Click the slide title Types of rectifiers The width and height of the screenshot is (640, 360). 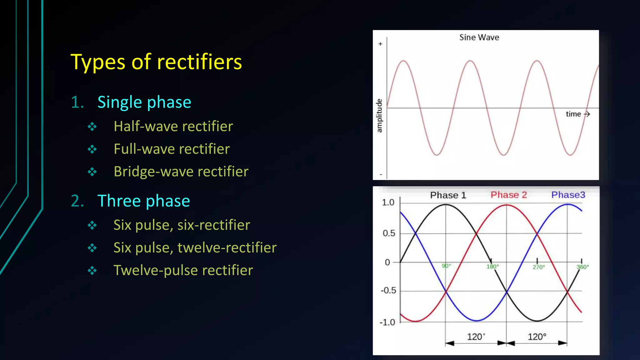156,62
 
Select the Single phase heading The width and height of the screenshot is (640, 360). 144,102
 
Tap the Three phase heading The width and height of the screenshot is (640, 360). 143,201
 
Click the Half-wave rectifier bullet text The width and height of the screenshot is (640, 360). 173,127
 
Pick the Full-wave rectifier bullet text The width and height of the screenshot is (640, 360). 172,149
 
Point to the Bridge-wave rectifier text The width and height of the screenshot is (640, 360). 181,172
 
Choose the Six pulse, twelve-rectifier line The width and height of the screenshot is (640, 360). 195,248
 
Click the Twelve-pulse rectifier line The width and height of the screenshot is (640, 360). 183,270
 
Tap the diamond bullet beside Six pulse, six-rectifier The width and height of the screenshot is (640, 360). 92,225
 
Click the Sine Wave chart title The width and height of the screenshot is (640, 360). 479,37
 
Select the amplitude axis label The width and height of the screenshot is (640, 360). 379,116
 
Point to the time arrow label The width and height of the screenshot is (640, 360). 577,114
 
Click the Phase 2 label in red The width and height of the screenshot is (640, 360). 508,195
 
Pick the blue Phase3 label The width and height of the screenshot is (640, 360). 568,195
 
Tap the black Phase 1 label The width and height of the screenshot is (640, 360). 448,195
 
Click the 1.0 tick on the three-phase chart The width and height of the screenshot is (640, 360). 388,202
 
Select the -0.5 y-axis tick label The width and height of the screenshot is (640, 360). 388,291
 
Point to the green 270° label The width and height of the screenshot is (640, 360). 538,267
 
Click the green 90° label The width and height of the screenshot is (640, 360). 446,266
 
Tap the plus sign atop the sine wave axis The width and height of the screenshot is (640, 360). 380,44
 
